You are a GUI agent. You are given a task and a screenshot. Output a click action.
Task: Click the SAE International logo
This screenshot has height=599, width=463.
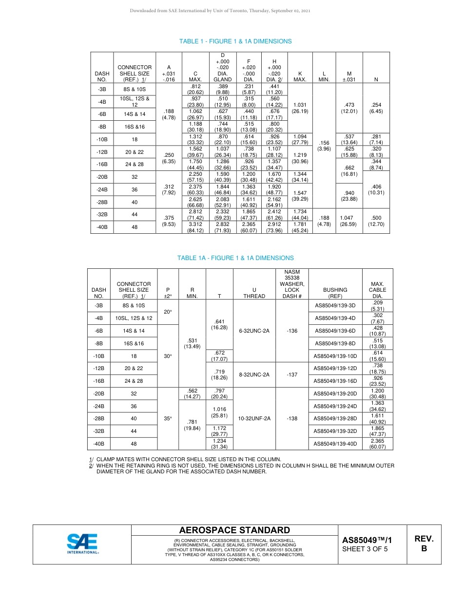(x=82, y=543)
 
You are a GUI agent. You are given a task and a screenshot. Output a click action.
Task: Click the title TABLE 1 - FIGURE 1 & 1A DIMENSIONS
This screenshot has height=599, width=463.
(x=235, y=41)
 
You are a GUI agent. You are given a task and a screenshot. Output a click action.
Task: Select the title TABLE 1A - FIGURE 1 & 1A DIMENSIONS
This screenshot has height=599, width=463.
(x=235, y=258)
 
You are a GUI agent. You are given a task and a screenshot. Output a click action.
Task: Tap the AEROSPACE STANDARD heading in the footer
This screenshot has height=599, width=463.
(x=234, y=530)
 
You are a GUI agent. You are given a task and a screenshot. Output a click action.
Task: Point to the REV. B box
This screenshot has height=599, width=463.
(x=424, y=543)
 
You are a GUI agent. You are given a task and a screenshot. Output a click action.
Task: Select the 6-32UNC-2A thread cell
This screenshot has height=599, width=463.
(x=254, y=331)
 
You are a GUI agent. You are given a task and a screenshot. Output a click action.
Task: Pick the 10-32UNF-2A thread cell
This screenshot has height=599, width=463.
(x=254, y=418)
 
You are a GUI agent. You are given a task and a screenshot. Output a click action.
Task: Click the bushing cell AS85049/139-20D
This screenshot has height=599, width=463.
(x=335, y=393)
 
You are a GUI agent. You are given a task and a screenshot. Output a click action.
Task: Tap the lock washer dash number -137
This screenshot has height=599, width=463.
(x=292, y=375)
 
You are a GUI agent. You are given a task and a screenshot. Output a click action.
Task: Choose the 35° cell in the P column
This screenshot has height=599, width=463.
(x=168, y=418)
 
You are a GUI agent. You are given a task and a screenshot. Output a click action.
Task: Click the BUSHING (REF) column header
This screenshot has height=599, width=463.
(x=335, y=293)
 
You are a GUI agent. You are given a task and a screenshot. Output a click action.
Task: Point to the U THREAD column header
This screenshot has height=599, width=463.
(x=254, y=293)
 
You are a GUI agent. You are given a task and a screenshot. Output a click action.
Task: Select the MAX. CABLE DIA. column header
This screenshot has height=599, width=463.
(x=378, y=290)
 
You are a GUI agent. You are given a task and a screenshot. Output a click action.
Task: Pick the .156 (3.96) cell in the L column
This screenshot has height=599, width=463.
(x=324, y=146)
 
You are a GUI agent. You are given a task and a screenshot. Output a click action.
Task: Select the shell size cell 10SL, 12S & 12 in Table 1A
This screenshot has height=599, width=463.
(x=134, y=318)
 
